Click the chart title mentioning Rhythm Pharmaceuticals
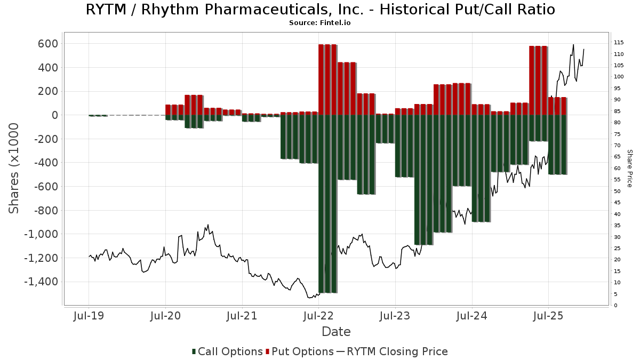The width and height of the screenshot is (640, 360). [x=320, y=10]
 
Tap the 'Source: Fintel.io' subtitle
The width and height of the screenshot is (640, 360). [x=320, y=23]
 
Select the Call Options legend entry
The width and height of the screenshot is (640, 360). [x=230, y=351]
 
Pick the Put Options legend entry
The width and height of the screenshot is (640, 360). [x=303, y=351]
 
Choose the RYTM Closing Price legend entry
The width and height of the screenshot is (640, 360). [x=397, y=351]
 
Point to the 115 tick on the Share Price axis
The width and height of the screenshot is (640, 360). [x=619, y=43]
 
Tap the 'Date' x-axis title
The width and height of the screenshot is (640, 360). [x=336, y=332]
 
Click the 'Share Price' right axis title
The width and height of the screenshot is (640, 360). [x=629, y=168]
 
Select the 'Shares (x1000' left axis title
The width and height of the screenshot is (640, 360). [x=14, y=168]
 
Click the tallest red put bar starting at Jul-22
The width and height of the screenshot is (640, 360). [x=327, y=80]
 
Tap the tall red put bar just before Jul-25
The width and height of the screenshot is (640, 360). [x=538, y=81]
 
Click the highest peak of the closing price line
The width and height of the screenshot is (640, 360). [x=573, y=45]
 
